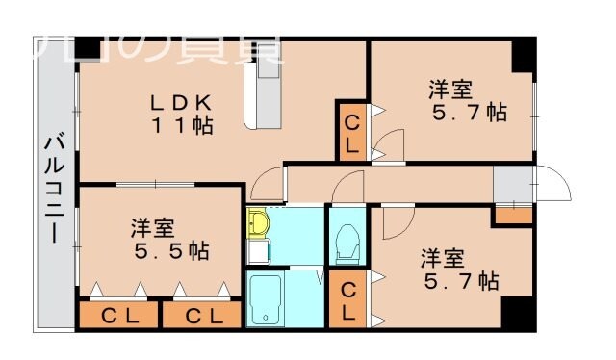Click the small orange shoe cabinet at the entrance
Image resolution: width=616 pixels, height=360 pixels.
512,215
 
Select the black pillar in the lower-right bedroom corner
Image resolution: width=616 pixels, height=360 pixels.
517,312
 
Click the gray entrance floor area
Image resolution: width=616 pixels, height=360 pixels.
511,183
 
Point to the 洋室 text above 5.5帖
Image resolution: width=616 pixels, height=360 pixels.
153,229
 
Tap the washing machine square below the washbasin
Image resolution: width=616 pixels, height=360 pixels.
256,253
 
